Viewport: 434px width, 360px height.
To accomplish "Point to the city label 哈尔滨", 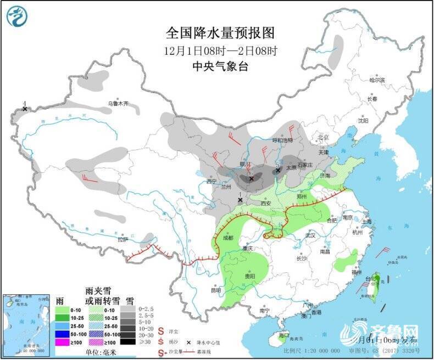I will (377, 80).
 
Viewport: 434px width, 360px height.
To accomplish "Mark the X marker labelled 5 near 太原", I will (278, 171).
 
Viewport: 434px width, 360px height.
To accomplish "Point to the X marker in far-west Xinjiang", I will (25, 109).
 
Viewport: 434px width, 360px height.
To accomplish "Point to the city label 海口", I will (283, 335).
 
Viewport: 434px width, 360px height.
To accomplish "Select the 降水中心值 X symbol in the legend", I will (190, 341).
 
